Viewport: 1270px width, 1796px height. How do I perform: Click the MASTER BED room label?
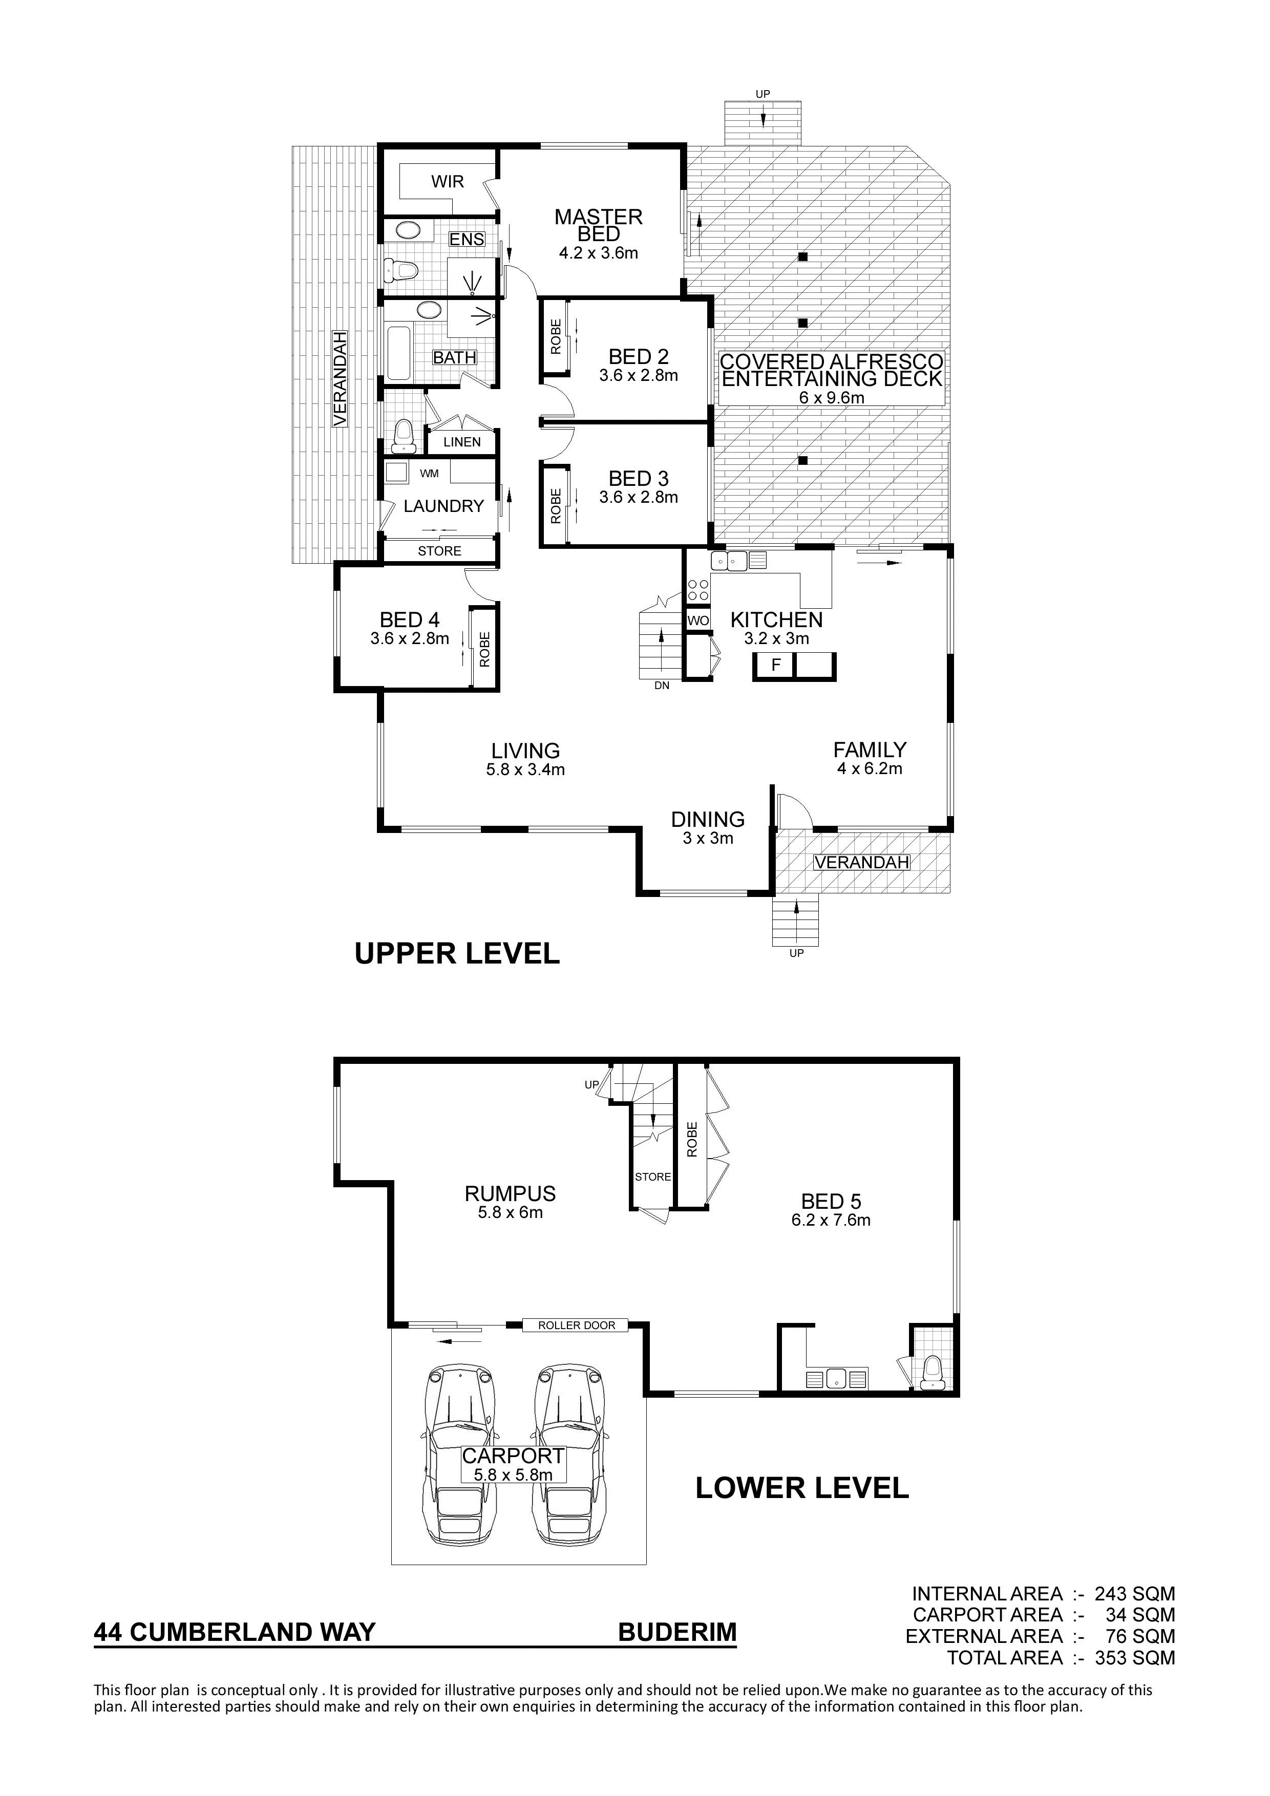(599, 225)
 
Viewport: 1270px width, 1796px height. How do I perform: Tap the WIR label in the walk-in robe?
(448, 181)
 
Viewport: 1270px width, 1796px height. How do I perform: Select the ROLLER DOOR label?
(577, 1325)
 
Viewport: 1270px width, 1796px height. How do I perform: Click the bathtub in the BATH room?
(398, 354)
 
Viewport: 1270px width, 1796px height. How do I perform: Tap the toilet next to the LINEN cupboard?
(403, 437)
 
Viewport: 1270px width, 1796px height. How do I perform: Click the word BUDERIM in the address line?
(678, 1633)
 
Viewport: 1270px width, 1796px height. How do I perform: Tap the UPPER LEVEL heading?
(457, 953)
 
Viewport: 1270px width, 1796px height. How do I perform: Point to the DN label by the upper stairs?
(662, 686)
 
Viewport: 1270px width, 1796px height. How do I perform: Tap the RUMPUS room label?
(510, 1194)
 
